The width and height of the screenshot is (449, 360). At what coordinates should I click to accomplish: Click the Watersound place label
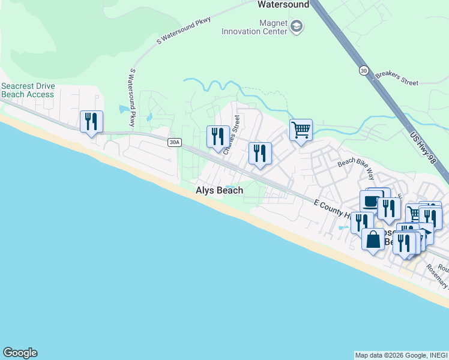coord(283,5)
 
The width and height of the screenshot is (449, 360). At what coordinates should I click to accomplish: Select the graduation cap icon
coord(297,26)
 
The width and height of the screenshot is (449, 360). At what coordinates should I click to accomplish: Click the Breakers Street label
coord(397,79)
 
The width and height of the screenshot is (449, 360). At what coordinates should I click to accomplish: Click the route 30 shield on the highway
coord(364,70)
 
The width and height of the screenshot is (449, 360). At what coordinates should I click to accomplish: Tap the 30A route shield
coord(174,142)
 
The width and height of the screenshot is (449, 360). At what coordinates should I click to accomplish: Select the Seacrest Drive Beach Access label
coord(28,90)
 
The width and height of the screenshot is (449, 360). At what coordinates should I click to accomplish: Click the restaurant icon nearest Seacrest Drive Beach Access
coord(91,121)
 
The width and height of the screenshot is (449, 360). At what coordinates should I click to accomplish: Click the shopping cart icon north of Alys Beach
coord(301,129)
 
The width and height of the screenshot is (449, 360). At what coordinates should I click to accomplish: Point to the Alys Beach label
coord(220,190)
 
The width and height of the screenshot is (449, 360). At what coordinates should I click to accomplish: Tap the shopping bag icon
coord(373,239)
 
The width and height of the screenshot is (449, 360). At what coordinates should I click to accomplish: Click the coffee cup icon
coord(371,201)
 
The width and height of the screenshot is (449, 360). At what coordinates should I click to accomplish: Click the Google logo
coord(20,353)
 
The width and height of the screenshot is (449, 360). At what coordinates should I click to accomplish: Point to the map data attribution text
coord(400,355)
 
